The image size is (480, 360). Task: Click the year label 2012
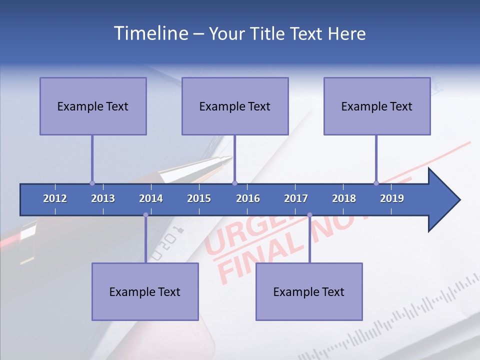(x=55, y=198)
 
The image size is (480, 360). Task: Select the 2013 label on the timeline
(x=103, y=198)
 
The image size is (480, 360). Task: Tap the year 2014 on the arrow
(x=151, y=198)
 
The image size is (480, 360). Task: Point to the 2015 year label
(x=199, y=198)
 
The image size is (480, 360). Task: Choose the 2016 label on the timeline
(x=248, y=198)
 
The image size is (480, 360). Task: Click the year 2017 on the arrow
(x=296, y=198)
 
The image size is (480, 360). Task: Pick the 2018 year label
(x=344, y=198)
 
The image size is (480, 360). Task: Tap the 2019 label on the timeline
(x=392, y=198)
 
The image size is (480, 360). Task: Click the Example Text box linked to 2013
(x=93, y=106)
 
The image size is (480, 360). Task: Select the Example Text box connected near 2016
(x=235, y=106)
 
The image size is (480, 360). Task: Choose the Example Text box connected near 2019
(x=377, y=106)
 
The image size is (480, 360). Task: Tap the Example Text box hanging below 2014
(x=145, y=291)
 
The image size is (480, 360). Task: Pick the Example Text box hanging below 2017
(x=309, y=291)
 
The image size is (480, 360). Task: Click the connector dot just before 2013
(x=92, y=183)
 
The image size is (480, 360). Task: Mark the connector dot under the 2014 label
(x=145, y=215)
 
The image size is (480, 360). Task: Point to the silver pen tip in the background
(x=222, y=161)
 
